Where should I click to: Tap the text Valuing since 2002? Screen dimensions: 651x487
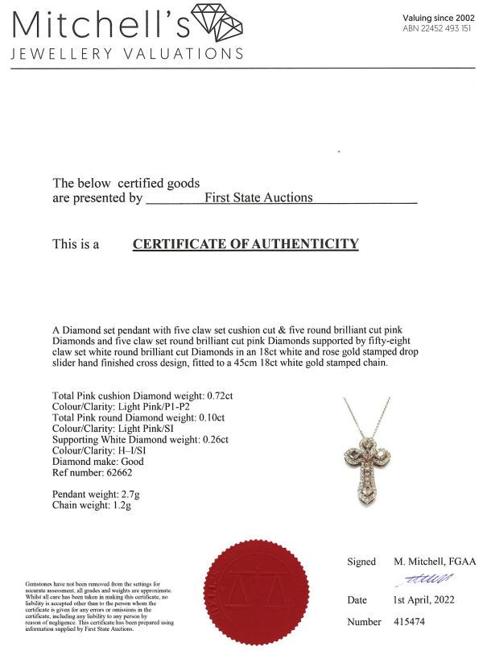(x=440, y=18)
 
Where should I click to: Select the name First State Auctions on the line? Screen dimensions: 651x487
(x=258, y=197)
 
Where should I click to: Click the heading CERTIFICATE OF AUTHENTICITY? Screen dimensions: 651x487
(x=246, y=244)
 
